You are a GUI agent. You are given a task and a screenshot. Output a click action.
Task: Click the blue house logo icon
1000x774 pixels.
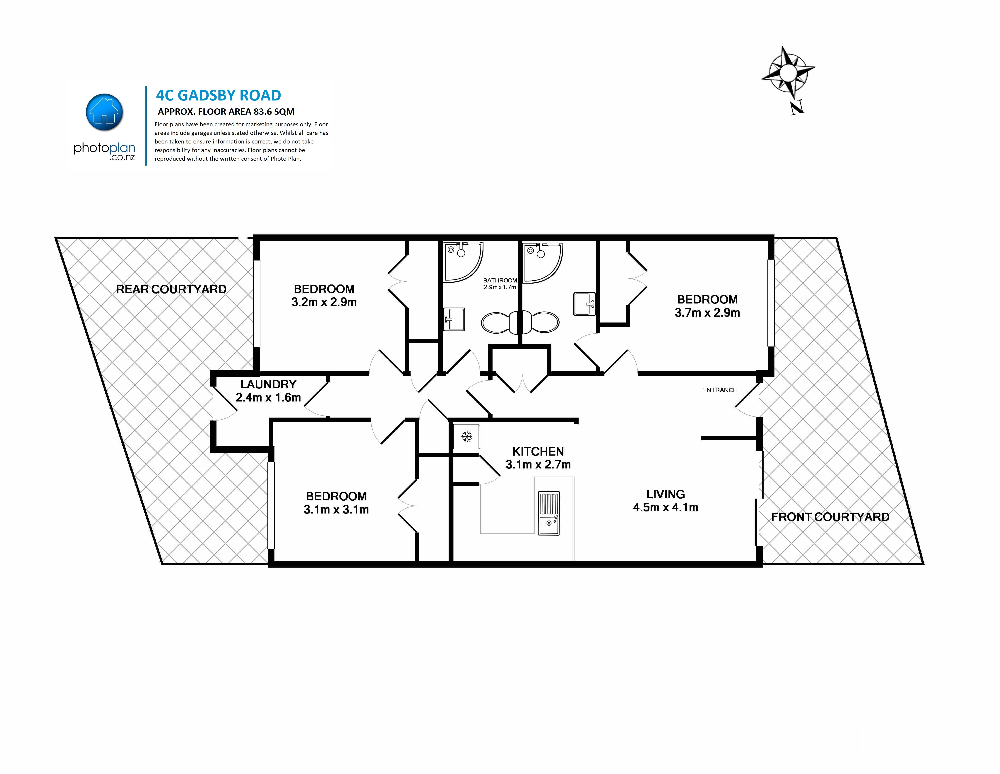click(104, 112)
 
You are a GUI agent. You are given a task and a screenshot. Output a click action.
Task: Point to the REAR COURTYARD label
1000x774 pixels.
click(171, 289)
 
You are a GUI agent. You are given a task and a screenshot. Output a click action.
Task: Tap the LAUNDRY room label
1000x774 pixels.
click(268, 385)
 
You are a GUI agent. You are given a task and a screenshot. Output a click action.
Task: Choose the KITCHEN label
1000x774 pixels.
click(538, 451)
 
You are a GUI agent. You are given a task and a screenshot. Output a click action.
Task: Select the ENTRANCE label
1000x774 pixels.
click(719, 390)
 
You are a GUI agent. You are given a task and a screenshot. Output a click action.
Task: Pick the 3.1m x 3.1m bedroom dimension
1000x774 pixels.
click(336, 509)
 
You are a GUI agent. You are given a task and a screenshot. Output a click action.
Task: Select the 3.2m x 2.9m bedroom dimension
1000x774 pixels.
click(324, 302)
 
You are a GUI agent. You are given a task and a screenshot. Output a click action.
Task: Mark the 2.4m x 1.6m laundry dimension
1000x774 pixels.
click(268, 397)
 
